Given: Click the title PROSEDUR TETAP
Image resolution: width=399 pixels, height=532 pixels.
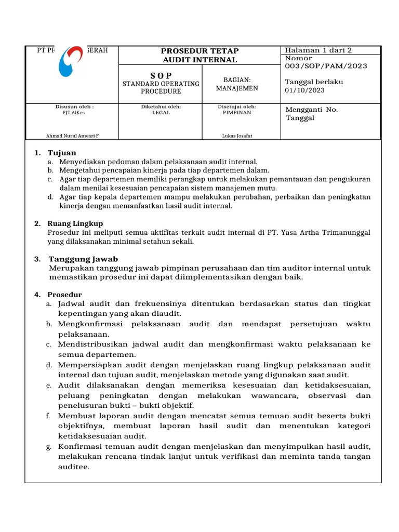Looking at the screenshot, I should pyautogui.click(x=200, y=50).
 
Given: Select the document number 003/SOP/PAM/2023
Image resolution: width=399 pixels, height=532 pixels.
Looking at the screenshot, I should pyautogui.click(x=326, y=66).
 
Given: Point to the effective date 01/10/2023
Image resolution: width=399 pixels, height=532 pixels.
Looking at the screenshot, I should pyautogui.click(x=304, y=91).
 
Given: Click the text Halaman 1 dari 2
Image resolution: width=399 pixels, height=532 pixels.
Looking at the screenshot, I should pyautogui.click(x=318, y=50).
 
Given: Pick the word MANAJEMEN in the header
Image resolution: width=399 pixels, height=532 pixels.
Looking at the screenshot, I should pyautogui.click(x=237, y=88).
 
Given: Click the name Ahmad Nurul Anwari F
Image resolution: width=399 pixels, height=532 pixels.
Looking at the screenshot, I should pyautogui.click(x=73, y=136).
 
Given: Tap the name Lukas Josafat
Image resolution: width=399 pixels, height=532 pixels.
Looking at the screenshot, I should pyautogui.click(x=237, y=136).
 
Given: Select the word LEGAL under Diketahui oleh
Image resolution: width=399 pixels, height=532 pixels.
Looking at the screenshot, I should pyautogui.click(x=161, y=112).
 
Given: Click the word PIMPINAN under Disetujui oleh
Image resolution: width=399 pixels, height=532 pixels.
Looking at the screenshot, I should pyautogui.click(x=237, y=112).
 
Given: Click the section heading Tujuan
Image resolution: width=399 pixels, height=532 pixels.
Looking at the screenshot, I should pyautogui.click(x=62, y=153).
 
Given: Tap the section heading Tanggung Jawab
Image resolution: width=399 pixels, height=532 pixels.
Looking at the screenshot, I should pyautogui.click(x=83, y=259).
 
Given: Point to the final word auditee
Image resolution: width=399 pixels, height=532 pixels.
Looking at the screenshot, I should pyautogui.click(x=73, y=467).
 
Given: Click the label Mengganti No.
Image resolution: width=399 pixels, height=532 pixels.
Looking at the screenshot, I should pyautogui.click(x=312, y=110).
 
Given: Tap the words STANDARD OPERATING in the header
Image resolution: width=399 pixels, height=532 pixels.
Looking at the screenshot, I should pyautogui.click(x=161, y=84).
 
